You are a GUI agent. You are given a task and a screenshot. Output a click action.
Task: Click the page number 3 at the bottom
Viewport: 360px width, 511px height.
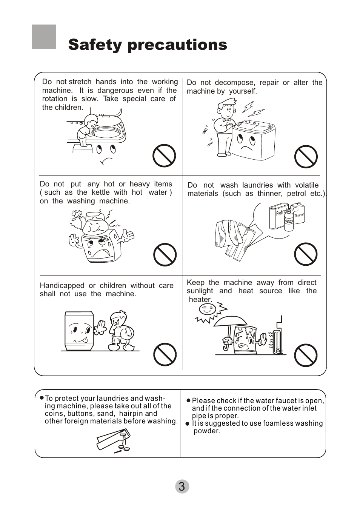tap(182, 486)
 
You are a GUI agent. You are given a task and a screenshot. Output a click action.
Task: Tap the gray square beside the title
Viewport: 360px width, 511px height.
tap(44, 37)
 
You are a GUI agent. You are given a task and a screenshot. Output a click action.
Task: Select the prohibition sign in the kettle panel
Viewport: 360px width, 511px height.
tap(165, 255)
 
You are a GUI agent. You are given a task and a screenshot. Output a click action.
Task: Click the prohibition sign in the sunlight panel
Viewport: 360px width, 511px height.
tap(306, 355)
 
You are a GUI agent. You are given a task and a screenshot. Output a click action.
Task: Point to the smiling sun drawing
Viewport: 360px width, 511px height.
tap(207, 311)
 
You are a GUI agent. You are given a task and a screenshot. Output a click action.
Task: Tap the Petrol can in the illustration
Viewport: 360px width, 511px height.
tap(278, 217)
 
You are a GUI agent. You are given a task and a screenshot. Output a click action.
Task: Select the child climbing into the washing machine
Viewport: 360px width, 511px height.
tap(86, 131)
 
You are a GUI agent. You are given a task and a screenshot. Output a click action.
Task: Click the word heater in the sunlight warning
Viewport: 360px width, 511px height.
tap(200, 300)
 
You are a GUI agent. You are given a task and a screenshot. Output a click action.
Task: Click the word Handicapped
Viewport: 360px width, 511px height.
tap(62, 286)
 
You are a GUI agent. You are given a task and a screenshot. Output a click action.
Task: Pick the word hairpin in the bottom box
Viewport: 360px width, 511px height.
tap(132, 414)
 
